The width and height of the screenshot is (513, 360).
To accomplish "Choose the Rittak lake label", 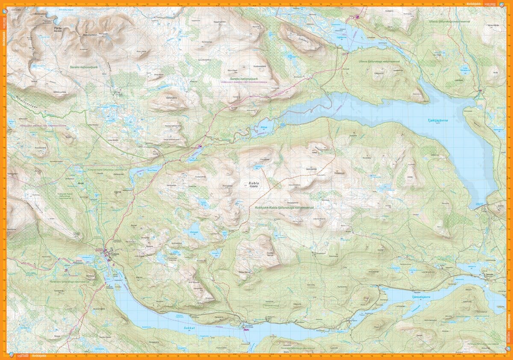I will click(261, 127).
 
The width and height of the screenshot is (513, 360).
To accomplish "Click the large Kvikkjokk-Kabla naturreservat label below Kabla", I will click(284, 207).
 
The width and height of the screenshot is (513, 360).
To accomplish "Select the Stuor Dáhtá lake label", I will click(141, 169).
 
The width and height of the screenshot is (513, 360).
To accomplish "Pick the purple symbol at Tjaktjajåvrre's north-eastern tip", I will click(480, 90).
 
